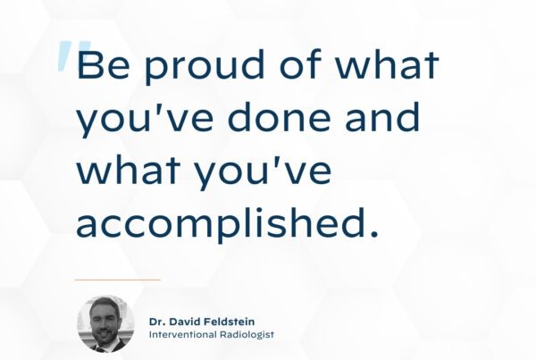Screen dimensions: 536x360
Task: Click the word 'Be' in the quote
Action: point(104,64)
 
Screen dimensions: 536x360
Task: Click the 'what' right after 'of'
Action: point(387,63)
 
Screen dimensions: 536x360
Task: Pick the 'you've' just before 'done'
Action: point(144,119)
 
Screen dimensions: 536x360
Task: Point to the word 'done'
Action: point(280,116)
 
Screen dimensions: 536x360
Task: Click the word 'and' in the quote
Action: point(382,116)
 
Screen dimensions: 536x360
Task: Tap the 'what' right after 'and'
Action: point(128,170)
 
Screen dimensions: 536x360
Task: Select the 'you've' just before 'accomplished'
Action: point(264,172)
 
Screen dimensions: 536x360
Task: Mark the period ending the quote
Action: point(374,233)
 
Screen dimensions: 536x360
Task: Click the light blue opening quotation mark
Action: point(73,55)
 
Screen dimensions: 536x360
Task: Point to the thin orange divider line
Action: point(117,280)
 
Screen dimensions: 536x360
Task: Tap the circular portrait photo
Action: point(105,324)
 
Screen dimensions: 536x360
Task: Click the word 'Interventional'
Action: point(182,334)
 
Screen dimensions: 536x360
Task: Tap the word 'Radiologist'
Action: point(247,334)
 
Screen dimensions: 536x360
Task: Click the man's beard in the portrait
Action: point(104,335)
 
